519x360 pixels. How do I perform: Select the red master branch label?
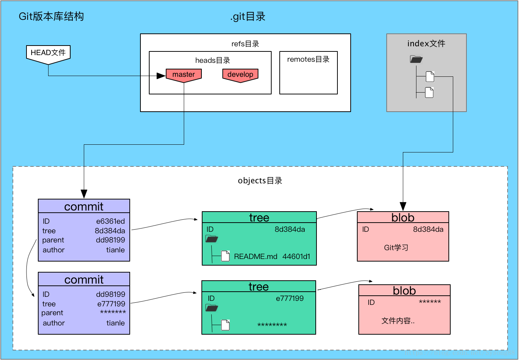pos(184,75)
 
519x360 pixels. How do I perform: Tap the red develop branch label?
pos(240,75)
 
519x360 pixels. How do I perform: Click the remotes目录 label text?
pos(308,59)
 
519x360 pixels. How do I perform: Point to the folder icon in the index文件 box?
pos(416,59)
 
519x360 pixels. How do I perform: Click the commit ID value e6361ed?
pos(111,221)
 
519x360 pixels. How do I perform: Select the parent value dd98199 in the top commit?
pos(111,240)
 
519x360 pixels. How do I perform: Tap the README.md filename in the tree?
pos(255,256)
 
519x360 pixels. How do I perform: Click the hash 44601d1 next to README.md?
pos(296,256)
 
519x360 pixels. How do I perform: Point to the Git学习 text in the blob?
pos(396,248)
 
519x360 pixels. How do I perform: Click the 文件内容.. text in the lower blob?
pos(398,321)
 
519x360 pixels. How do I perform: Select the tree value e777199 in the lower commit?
pos(111,303)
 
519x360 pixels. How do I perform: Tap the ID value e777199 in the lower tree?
pos(290,298)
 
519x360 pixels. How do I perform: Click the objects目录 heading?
pos(260,181)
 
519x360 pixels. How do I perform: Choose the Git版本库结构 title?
pos(51,17)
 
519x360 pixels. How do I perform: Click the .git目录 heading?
pos(248,17)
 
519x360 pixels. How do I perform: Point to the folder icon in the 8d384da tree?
pos(212,239)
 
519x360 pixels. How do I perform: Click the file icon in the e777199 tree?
pos(225,325)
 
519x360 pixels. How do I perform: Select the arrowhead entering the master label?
pos(161,76)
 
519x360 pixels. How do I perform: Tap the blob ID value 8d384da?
pos(428,229)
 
